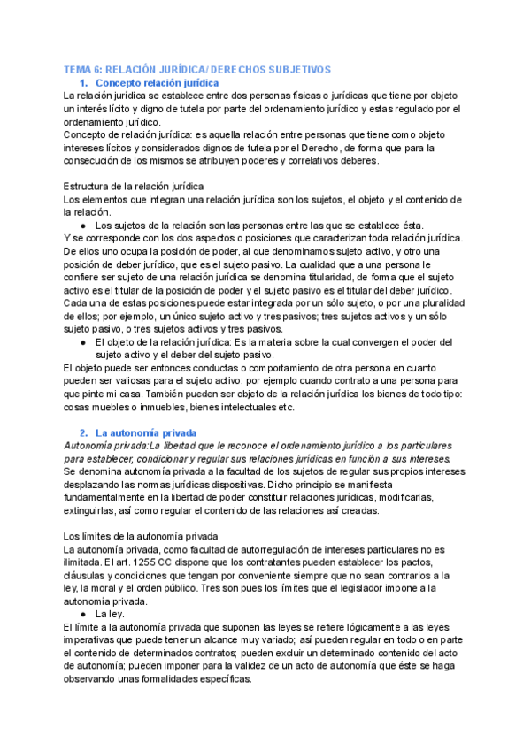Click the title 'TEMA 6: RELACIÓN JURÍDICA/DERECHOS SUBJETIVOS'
coord(197,69)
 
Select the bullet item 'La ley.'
coord(111,613)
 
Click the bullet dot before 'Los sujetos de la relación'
coord(82,225)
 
